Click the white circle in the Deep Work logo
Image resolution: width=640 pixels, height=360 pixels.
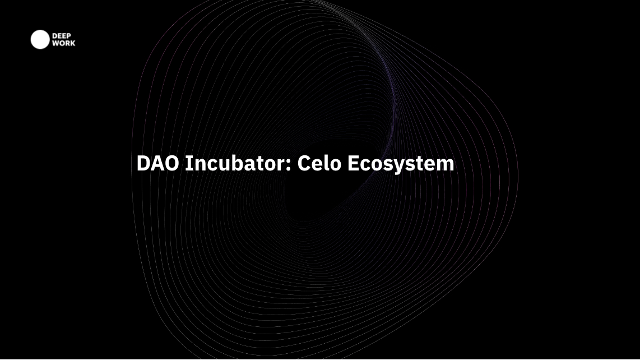(x=40, y=40)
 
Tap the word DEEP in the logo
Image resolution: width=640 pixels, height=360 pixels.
(x=62, y=36)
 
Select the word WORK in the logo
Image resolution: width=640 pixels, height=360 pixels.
(x=64, y=43)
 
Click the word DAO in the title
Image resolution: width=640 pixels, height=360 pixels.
(x=157, y=163)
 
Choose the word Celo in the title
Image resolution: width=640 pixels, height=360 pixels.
(x=319, y=163)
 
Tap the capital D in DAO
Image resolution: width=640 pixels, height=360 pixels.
(x=143, y=163)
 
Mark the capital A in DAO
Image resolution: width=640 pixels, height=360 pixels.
(x=157, y=163)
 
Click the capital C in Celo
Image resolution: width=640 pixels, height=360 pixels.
(x=304, y=163)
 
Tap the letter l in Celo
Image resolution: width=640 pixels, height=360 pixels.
(x=326, y=163)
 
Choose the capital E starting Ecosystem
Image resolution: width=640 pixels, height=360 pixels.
(x=353, y=163)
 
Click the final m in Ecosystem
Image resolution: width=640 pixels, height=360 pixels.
(x=446, y=165)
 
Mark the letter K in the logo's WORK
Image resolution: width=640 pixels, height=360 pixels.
(x=73, y=43)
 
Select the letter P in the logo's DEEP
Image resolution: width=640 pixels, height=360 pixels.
(x=68, y=36)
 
